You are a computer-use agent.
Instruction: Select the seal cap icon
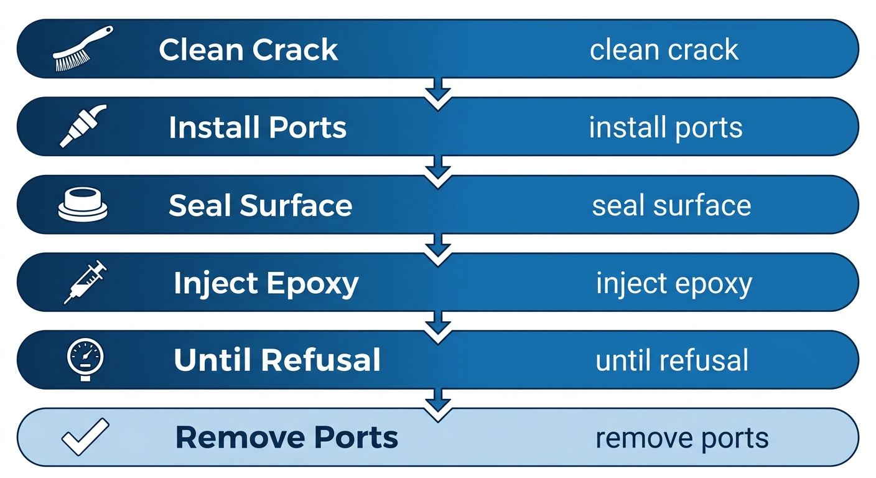(x=83, y=205)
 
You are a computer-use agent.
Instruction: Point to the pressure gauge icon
(x=85, y=359)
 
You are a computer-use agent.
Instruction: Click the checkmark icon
(x=85, y=437)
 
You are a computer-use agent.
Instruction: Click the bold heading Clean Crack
(x=248, y=50)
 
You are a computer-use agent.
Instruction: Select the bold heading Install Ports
(x=258, y=128)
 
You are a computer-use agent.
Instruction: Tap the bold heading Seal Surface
(x=260, y=205)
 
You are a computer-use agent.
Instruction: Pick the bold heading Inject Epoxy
(x=266, y=283)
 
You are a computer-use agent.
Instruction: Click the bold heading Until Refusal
(x=277, y=360)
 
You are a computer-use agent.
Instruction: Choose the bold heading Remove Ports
(x=287, y=438)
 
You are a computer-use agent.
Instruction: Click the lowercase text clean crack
(x=664, y=50)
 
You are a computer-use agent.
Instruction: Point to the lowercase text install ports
(x=665, y=128)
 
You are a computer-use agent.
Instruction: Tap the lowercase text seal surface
(x=671, y=205)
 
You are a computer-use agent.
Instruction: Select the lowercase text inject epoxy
(x=674, y=283)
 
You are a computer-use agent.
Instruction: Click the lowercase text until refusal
(x=672, y=360)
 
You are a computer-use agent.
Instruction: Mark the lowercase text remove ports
(x=682, y=438)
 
